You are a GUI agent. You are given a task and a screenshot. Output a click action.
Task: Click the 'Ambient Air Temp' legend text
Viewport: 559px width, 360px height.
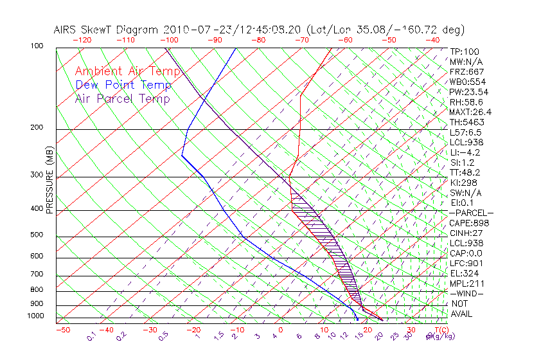point(127,71)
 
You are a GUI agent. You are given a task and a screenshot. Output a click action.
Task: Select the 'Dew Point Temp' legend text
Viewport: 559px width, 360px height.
point(123,85)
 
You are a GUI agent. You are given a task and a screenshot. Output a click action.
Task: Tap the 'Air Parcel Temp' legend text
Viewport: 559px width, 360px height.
point(122,98)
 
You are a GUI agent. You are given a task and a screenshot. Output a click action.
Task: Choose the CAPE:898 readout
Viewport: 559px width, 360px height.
point(469,223)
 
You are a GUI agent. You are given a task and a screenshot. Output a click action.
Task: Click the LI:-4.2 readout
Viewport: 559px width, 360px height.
point(465,152)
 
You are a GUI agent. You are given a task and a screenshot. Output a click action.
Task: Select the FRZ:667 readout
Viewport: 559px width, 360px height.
point(466,71)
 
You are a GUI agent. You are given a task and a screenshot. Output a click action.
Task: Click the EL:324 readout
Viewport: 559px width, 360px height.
point(465,273)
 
